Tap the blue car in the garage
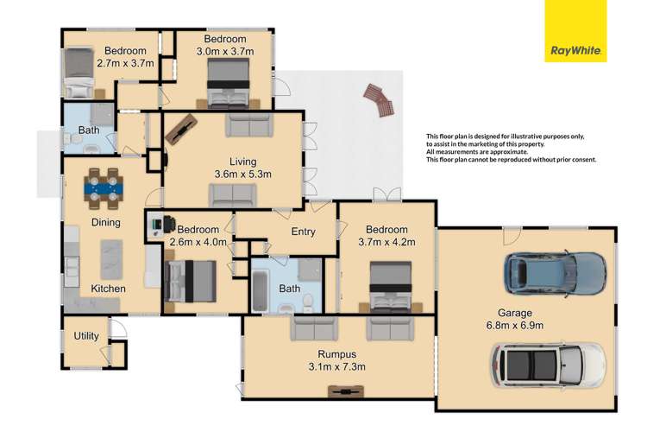coord(552,273)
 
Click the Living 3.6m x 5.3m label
coord(241,167)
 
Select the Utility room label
coord(85,336)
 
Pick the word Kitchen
coord(109,288)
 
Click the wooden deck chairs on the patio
coord(379,100)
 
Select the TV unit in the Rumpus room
coord(342,391)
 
